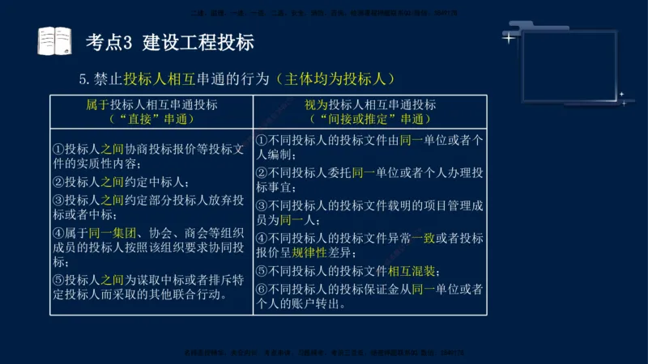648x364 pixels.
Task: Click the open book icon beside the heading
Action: (54, 40)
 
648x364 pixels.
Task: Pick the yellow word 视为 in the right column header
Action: (316, 105)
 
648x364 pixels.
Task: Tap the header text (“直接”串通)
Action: (151, 119)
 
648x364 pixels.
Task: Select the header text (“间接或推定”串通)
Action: (370, 119)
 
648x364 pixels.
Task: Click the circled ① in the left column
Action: (58, 150)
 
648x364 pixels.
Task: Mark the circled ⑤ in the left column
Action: (58, 280)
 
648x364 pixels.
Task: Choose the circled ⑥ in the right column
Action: (262, 289)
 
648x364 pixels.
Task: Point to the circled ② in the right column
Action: (262, 172)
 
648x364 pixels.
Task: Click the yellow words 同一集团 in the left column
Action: (104, 234)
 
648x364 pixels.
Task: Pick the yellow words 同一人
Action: (299, 219)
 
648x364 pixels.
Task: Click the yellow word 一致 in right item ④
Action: (423, 238)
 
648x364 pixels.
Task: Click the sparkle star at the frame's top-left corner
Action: (509, 37)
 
